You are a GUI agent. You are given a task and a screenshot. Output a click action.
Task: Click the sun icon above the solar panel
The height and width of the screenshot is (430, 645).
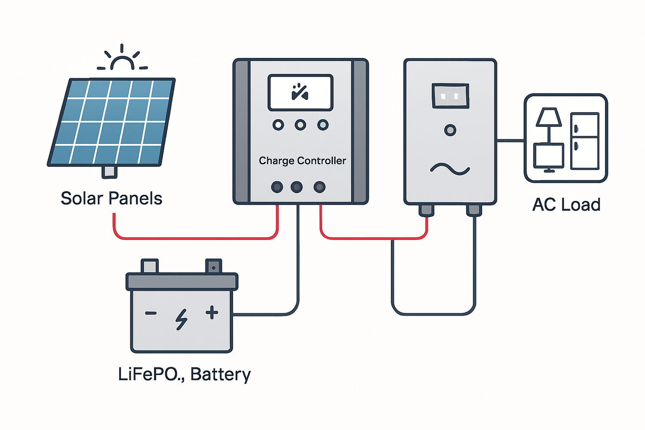(123, 60)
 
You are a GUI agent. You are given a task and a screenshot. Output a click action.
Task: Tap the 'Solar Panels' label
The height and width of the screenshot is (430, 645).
(111, 199)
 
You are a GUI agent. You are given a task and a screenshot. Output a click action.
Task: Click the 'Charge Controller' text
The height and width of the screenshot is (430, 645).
(302, 161)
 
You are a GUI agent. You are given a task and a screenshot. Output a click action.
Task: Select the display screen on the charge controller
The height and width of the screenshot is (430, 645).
(301, 92)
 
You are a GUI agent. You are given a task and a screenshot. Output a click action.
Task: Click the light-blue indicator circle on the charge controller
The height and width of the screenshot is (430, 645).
(322, 125)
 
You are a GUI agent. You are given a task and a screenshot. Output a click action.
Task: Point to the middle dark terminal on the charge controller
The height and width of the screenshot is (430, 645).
(297, 187)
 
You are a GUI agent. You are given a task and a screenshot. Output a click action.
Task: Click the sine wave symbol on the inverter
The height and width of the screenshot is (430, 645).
(450, 169)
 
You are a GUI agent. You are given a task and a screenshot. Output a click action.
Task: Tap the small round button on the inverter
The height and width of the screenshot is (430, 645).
(450, 130)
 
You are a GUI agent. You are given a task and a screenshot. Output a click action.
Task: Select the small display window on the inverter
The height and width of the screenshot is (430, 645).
(450, 96)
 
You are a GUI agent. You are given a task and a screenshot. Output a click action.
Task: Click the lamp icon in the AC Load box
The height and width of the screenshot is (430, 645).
(548, 123)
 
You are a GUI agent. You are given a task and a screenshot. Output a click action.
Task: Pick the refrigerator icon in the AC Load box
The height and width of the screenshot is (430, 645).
(584, 141)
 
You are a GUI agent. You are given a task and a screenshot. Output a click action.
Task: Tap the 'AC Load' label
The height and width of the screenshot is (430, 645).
(566, 205)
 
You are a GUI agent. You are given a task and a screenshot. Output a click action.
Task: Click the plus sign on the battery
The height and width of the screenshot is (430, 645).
(212, 313)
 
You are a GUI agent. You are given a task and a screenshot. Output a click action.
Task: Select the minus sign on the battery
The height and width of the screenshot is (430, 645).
(151, 313)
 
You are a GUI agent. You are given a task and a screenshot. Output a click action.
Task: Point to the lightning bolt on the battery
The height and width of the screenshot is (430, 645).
(181, 319)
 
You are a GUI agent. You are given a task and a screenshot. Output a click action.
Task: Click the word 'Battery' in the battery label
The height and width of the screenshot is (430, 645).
(220, 374)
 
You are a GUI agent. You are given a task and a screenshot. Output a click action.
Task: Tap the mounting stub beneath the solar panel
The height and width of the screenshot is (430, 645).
(109, 172)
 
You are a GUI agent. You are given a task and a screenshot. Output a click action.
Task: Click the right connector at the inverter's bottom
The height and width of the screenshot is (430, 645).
(474, 210)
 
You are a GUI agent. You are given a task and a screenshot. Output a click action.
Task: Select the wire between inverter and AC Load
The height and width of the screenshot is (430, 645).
(510, 140)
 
